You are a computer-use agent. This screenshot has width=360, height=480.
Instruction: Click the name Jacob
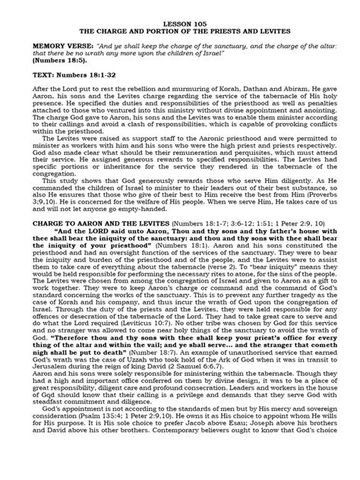193,455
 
